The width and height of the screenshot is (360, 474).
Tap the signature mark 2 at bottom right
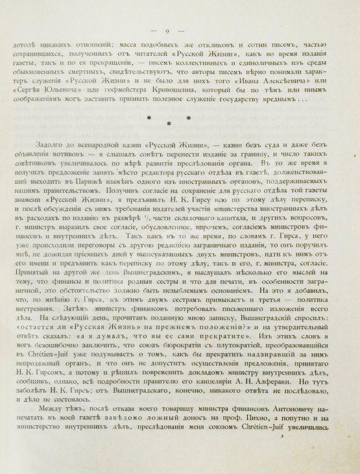coord(282,456)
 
